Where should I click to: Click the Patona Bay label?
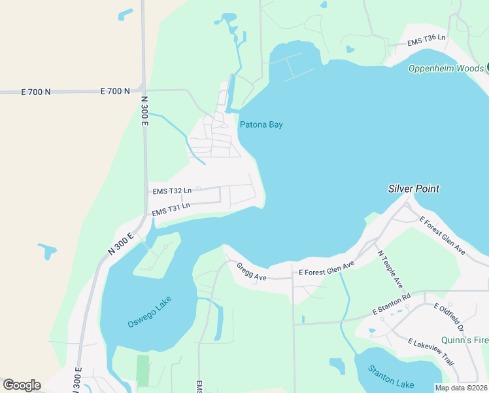(261, 124)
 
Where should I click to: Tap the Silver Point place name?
(413, 189)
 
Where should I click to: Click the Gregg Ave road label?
(251, 272)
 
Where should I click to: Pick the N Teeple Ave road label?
(390, 269)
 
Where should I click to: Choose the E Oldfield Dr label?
(448, 317)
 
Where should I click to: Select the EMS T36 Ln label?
(426, 40)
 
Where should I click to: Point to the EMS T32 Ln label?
(172, 191)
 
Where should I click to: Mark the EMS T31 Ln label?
(171, 209)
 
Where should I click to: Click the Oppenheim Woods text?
(446, 68)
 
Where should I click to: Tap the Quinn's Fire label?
(465, 340)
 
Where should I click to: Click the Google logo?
(22, 385)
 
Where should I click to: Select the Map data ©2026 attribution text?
(461, 388)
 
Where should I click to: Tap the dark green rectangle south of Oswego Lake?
(143, 371)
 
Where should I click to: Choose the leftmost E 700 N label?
(36, 92)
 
